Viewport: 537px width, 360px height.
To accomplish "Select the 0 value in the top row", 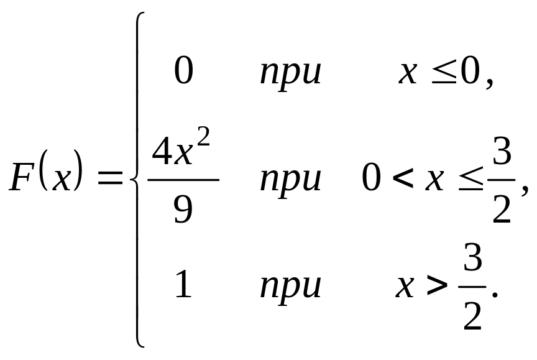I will [x=183, y=72].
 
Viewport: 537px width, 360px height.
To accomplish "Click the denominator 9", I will [x=183, y=210].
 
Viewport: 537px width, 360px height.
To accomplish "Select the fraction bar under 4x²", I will [x=183, y=180].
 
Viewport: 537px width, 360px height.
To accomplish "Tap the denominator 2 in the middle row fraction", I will [x=501, y=211].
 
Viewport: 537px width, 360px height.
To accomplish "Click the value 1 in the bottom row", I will [x=183, y=285].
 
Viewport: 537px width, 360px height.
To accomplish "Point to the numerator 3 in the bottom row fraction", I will [x=473, y=262].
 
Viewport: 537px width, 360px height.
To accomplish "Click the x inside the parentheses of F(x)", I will [x=61, y=180].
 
